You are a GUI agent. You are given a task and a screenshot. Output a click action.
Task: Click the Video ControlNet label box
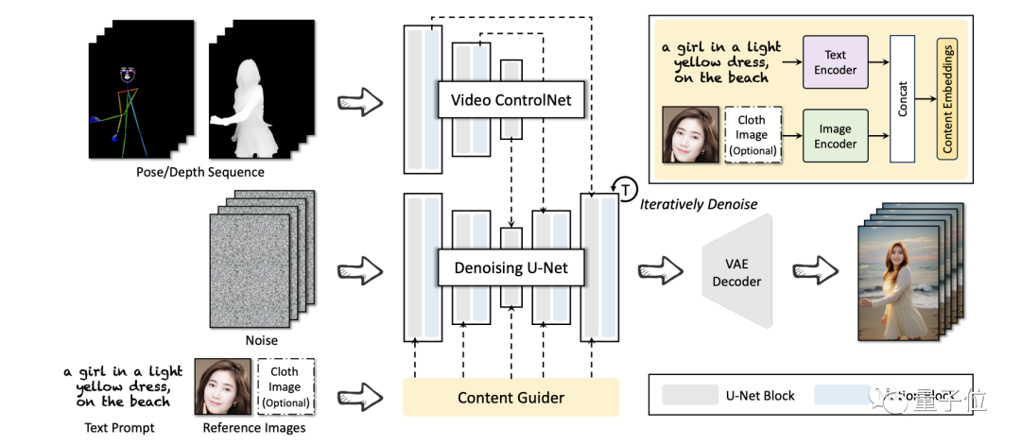511,99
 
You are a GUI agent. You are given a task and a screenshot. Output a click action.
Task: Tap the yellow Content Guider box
510,398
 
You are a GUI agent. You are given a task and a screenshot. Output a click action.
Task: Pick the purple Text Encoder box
835,63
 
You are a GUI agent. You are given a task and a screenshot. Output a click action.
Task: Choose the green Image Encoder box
835,136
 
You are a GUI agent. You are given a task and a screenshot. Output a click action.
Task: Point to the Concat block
903,99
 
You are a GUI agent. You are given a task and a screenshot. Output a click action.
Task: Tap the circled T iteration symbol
626,190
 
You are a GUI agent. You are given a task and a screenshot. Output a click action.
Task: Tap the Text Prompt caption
112,427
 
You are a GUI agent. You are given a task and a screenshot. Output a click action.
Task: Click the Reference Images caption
253,427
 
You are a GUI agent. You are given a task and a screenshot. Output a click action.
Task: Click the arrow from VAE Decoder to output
815,271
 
